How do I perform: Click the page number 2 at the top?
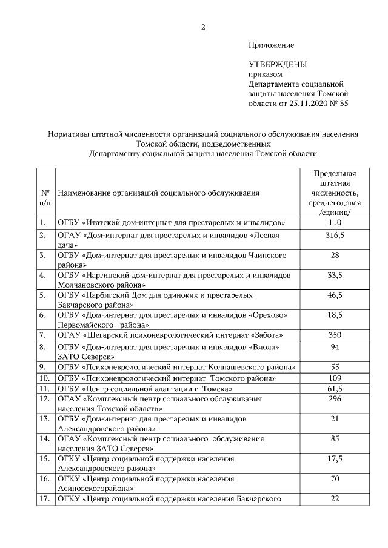(x=204, y=27)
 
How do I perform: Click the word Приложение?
(x=271, y=45)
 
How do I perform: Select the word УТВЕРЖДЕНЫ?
(x=278, y=64)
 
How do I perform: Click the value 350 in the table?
(x=334, y=334)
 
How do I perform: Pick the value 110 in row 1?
(x=334, y=222)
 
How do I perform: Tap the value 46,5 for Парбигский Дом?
(x=334, y=295)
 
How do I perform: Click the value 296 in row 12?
(x=334, y=398)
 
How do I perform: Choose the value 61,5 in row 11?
(x=334, y=388)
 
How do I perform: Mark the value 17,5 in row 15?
(x=334, y=458)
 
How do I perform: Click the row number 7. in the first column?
(x=43, y=335)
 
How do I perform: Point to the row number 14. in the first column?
(x=44, y=438)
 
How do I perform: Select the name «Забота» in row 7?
(x=265, y=335)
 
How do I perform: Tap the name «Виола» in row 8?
(x=264, y=347)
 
